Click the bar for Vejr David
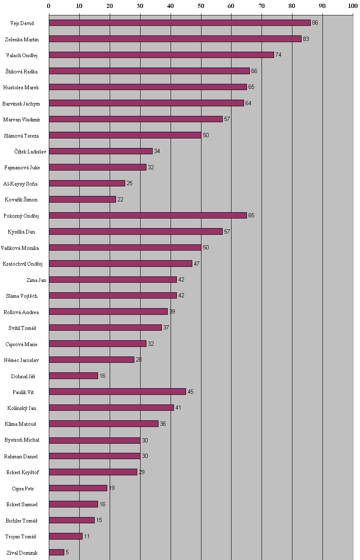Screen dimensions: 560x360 [179, 23]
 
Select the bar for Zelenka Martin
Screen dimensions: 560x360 [175, 39]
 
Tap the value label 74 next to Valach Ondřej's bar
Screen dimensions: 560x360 [278, 55]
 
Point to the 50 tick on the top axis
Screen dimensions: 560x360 [201, 6]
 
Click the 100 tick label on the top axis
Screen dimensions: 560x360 [352, 6]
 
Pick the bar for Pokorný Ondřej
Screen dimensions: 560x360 [148, 216]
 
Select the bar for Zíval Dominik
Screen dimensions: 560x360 [56, 552]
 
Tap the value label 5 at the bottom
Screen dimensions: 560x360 [67, 552]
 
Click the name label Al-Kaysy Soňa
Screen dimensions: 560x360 [20, 183]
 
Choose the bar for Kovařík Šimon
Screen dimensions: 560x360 [82, 199]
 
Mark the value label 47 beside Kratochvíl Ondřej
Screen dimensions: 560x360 [196, 264]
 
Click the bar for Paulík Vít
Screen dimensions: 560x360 [117, 392]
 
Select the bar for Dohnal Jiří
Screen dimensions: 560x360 [73, 376]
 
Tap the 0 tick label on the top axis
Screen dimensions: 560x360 [49, 6]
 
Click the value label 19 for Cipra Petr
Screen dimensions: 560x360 [111, 488]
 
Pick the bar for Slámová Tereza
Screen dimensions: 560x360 [125, 135]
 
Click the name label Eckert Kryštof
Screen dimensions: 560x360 [23, 472]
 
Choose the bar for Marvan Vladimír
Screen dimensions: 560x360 [136, 119]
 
